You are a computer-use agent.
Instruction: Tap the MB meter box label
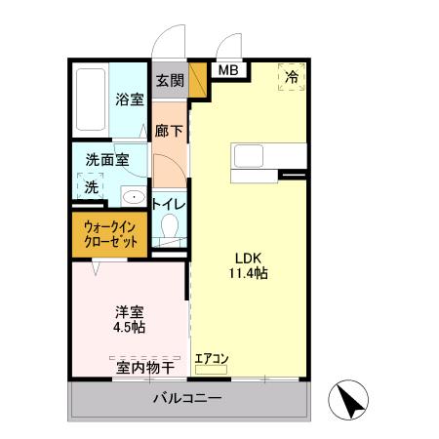[226, 70]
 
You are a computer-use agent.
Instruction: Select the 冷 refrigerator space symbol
[292, 75]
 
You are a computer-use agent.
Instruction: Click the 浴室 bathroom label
[129, 99]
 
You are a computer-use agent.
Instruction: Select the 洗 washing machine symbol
[91, 186]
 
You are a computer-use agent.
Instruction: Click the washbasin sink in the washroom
[132, 196]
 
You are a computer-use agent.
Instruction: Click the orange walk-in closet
[108, 233]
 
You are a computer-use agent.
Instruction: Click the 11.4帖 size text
[248, 273]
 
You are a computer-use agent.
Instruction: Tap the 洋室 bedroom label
[129, 312]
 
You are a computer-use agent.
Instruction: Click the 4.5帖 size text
[129, 328]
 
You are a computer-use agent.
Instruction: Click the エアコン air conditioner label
[211, 358]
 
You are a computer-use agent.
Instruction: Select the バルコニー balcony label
[187, 399]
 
